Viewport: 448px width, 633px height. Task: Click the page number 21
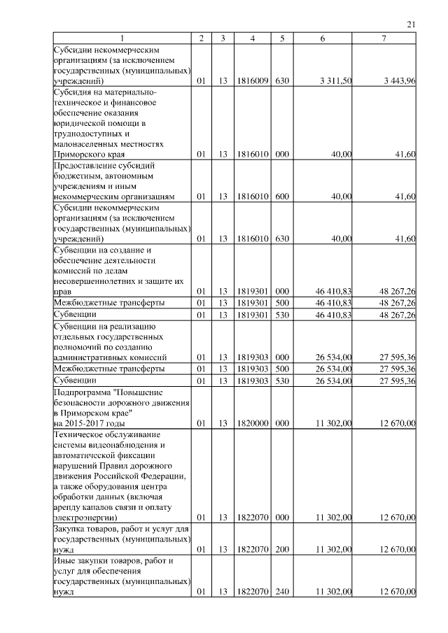pyautogui.click(x=412, y=25)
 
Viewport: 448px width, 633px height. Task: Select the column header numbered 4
pyautogui.click(x=251, y=38)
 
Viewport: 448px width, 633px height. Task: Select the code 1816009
pyautogui.click(x=251, y=82)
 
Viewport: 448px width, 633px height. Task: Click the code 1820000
pyautogui.click(x=251, y=423)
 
